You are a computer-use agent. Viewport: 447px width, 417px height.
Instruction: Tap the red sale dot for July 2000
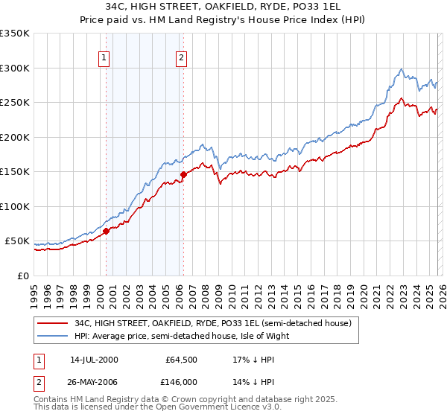[106, 231]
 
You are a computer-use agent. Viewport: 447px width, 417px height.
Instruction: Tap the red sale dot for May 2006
[183, 175]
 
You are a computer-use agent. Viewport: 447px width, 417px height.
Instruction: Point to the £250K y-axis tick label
[14, 103]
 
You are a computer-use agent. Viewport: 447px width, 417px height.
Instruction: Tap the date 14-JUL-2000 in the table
[94, 360]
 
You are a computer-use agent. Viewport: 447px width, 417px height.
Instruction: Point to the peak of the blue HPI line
[402, 69]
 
